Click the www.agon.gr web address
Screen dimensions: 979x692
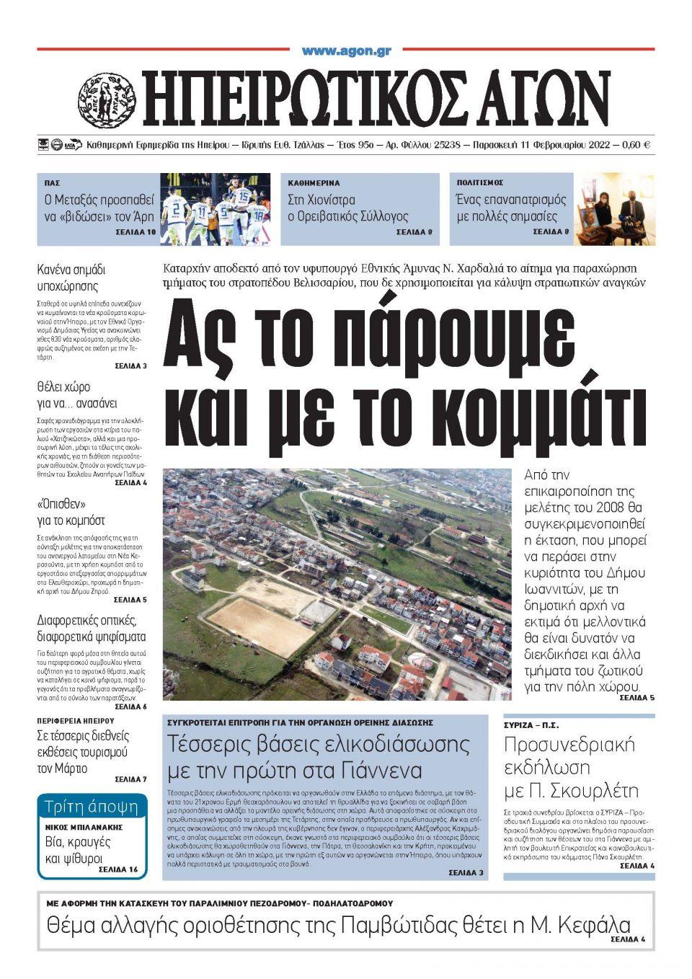[346, 50]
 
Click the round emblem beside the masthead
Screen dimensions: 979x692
[107, 99]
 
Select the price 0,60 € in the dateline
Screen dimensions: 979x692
[636, 145]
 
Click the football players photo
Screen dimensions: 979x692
[215, 208]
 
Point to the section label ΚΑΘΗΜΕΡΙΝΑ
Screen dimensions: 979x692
[314, 183]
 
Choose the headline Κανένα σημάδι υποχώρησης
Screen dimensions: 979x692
[71, 278]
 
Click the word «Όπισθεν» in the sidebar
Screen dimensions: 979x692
[61, 503]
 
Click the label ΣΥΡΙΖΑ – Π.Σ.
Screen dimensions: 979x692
[531, 725]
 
